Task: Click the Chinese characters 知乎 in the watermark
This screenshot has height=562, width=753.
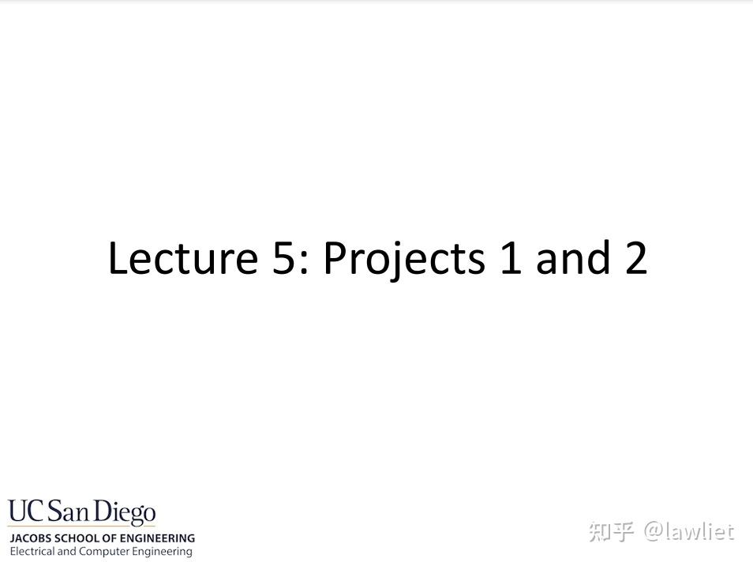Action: (x=611, y=532)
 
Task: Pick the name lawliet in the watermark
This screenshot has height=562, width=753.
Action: (x=699, y=532)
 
